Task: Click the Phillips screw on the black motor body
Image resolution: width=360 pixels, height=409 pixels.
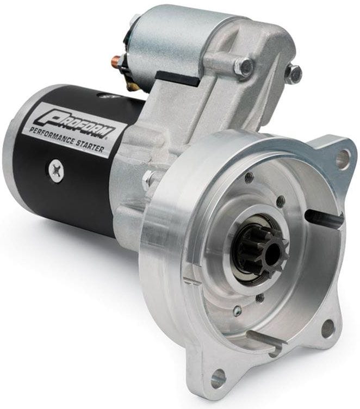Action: [56, 171]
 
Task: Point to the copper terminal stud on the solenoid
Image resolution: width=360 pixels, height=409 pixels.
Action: [116, 61]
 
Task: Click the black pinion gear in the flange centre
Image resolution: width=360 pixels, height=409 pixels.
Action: [266, 250]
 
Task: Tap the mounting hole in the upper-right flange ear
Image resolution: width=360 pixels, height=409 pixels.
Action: [342, 159]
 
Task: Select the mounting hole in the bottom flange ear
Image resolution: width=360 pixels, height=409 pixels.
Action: [218, 377]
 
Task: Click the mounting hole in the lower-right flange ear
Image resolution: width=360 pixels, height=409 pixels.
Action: [327, 328]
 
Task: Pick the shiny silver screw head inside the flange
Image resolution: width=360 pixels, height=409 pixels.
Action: [237, 311]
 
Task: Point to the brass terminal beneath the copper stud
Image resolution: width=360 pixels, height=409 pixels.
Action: [132, 85]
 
